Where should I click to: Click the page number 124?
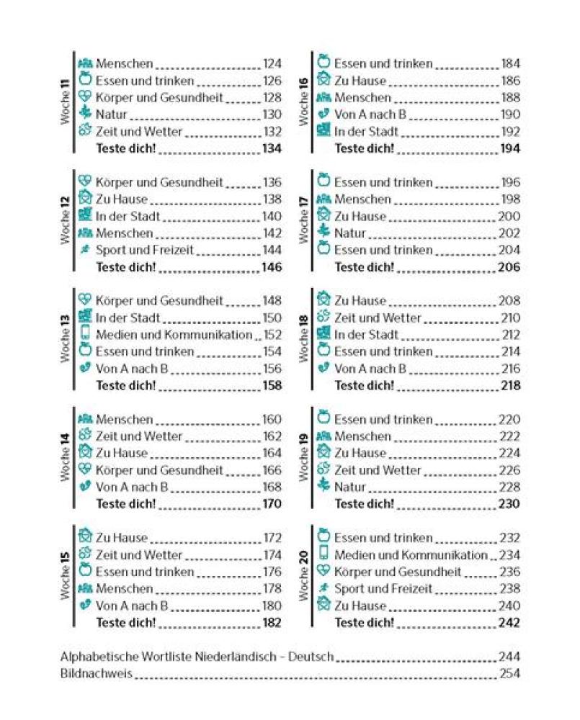(272, 63)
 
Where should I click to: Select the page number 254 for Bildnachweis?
(509, 674)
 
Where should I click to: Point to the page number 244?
(509, 657)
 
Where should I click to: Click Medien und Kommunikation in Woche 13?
(174, 335)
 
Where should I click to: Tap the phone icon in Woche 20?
(324, 554)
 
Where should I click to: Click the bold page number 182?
(272, 623)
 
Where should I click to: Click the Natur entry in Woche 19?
(351, 487)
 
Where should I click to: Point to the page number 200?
(509, 216)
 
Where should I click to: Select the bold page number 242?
(509, 623)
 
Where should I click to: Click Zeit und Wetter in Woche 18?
(378, 318)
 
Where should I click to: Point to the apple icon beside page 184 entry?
(324, 63)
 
